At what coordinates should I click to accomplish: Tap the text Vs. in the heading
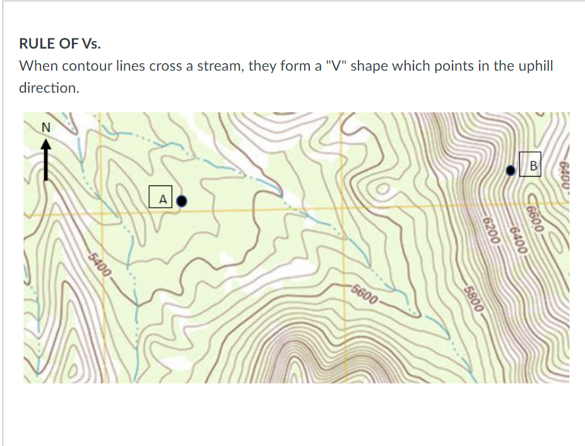point(90,44)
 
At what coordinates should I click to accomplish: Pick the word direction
point(49,88)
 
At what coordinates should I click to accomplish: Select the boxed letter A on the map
point(162,199)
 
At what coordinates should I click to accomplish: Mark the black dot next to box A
point(182,201)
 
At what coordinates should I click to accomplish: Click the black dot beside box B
point(511,170)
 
